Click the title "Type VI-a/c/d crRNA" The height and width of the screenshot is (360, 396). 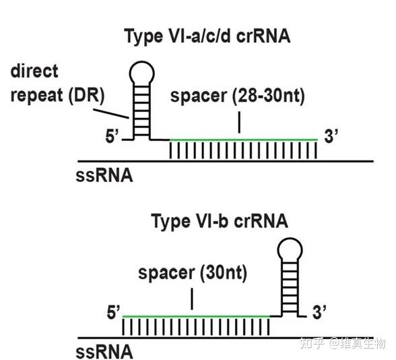point(207,36)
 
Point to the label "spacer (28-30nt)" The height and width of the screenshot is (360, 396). point(238,96)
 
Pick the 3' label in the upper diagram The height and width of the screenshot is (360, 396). point(331,137)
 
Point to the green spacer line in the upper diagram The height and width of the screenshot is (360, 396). point(242,140)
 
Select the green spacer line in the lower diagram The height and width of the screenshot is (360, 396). point(195,316)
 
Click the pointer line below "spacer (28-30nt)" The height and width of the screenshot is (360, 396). point(238,121)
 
